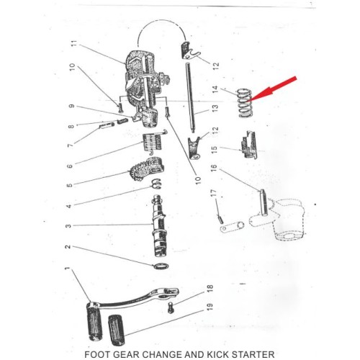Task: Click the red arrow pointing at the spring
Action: click(273, 89)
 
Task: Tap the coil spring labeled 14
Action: click(245, 103)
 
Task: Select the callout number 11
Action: click(74, 43)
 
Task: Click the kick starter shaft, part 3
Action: click(160, 226)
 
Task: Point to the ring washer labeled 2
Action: click(161, 266)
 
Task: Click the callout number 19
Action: click(210, 307)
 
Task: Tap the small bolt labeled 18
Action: click(171, 307)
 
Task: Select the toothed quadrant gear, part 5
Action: click(146, 168)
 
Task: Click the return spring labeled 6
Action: click(153, 142)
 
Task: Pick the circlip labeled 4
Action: click(157, 184)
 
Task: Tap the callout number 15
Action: click(215, 149)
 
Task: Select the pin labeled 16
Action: click(264, 202)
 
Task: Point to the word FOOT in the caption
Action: click(97, 354)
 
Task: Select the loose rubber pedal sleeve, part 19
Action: click(117, 330)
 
